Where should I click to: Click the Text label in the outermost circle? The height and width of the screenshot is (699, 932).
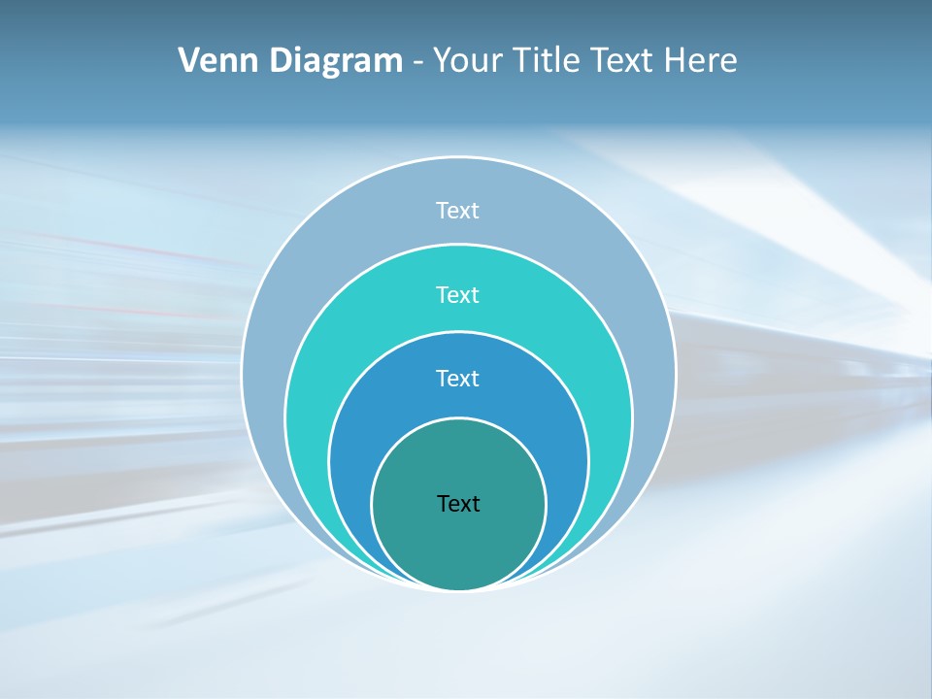tap(458, 211)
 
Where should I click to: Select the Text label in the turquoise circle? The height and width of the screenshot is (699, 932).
tap(458, 294)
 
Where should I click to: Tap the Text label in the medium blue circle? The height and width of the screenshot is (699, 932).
tap(458, 378)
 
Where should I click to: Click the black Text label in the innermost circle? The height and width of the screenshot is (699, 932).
tap(458, 504)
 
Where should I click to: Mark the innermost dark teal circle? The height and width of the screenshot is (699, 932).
tap(458, 544)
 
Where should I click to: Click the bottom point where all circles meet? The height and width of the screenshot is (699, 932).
tap(458, 589)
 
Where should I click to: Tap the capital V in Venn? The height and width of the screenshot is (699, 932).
tap(188, 61)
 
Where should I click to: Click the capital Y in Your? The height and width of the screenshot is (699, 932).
tap(441, 61)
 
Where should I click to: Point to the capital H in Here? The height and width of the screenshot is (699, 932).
tap(674, 61)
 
